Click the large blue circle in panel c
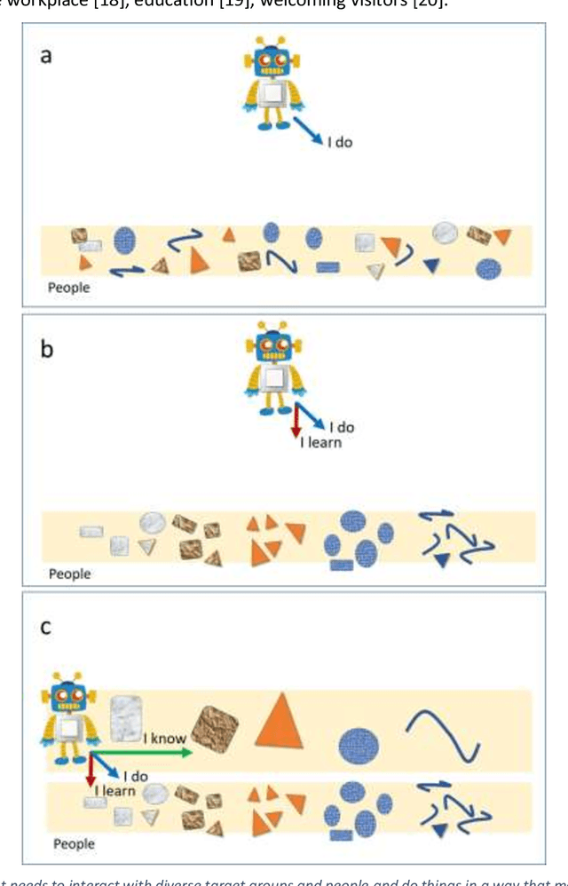click(358, 743)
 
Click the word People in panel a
click(69, 288)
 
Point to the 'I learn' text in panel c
click(114, 790)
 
